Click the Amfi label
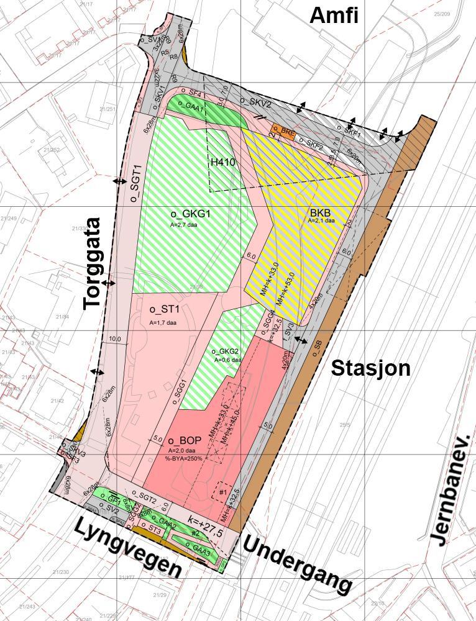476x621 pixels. pyautogui.click(x=334, y=16)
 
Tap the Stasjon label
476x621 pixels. pyautogui.click(x=371, y=368)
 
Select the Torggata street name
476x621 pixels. pyautogui.click(x=93, y=263)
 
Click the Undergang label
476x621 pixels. pyautogui.click(x=296, y=564)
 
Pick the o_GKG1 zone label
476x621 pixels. pyautogui.click(x=191, y=214)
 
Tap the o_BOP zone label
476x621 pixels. pyautogui.click(x=185, y=440)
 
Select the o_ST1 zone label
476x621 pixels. pyautogui.click(x=164, y=309)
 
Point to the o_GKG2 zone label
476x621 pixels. pyautogui.click(x=225, y=351)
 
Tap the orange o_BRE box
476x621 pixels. pyautogui.click(x=283, y=132)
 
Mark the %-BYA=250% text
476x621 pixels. pyautogui.click(x=184, y=459)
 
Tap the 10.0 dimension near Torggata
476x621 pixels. pyautogui.click(x=114, y=339)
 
